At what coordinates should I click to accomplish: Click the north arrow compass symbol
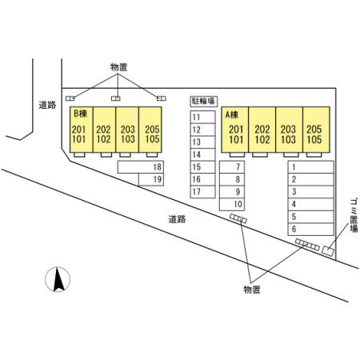[58, 279]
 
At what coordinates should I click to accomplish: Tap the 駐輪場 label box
[203, 102]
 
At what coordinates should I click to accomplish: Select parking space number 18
[141, 167]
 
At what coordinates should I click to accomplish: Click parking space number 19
[151, 179]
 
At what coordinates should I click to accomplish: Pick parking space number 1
[310, 167]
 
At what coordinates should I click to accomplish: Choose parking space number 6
[310, 230]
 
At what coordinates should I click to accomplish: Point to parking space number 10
[232, 205]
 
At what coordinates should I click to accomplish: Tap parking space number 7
[232, 167]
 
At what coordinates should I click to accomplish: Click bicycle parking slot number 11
[202, 117]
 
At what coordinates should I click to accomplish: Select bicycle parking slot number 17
[202, 192]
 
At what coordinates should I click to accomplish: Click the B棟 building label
[80, 114]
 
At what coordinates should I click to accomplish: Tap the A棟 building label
[232, 115]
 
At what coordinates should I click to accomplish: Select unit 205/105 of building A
[316, 130]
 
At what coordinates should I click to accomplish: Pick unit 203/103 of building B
[127, 130]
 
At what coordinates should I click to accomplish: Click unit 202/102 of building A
[262, 130]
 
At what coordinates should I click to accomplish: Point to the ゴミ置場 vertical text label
[354, 215]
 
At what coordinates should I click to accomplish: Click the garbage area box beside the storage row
[328, 250]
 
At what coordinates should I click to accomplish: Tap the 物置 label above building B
[118, 67]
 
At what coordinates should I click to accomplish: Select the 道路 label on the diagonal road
[177, 219]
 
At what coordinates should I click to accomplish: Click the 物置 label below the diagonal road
[252, 290]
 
